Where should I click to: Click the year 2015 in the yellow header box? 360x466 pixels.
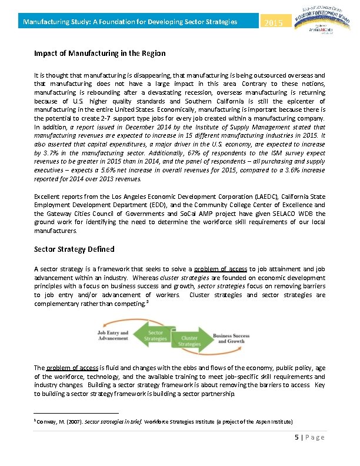tap(274, 23)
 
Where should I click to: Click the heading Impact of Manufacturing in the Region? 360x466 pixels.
tap(99, 54)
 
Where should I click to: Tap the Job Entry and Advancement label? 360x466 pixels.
tap(113, 335)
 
